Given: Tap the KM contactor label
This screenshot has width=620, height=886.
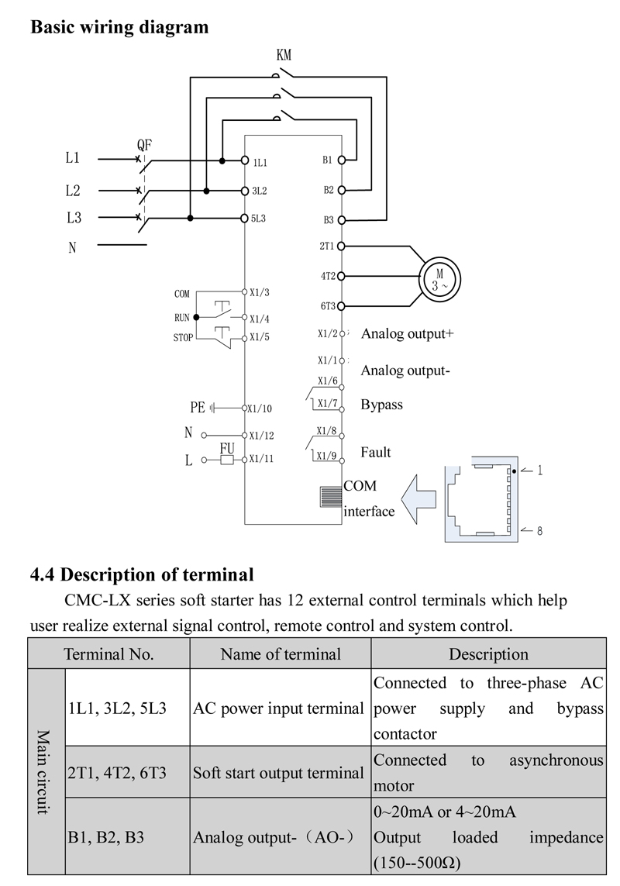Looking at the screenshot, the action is tap(284, 55).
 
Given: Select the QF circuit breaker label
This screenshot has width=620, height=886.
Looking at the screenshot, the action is tap(145, 145).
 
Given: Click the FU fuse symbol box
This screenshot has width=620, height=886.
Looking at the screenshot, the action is tap(226, 460).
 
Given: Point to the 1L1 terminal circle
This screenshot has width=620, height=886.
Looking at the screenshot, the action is tap(245, 160).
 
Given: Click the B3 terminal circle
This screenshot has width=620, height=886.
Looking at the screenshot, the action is tap(341, 220).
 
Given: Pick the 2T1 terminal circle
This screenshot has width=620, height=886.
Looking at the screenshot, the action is tap(341, 246).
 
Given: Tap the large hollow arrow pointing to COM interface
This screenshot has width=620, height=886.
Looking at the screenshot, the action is tap(418, 498).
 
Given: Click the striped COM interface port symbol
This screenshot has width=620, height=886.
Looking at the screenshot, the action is tap(331, 497).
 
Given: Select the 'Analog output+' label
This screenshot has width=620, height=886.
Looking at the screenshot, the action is tap(407, 334).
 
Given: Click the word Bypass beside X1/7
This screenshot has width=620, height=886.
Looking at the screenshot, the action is tap(381, 405).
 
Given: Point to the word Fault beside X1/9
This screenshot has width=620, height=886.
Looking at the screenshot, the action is tap(375, 452).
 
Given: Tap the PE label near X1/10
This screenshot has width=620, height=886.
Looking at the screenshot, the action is tap(198, 408).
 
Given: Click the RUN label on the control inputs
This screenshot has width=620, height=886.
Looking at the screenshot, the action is tap(182, 318).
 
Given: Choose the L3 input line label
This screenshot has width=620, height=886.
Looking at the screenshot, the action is tap(74, 218).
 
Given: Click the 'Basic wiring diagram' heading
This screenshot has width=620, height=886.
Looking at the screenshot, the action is tap(119, 26).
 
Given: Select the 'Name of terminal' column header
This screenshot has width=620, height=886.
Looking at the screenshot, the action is tap(281, 654).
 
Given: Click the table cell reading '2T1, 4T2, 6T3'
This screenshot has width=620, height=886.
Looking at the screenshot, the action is tap(117, 772).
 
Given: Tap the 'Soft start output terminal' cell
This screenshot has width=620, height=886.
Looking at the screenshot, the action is tap(278, 772).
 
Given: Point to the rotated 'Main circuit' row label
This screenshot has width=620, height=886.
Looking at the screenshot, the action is tap(43, 772).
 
